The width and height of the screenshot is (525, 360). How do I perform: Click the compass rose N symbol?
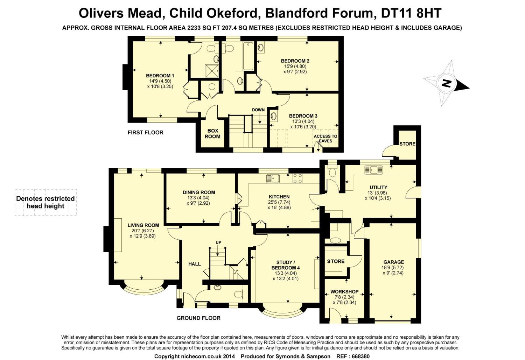pyautogui.click(x=446, y=84)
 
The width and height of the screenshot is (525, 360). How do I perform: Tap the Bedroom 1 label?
pyautogui.click(x=160, y=76)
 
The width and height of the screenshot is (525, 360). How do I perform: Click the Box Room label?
pyautogui.click(x=212, y=133)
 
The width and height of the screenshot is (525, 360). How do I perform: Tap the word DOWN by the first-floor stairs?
pyautogui.click(x=258, y=110)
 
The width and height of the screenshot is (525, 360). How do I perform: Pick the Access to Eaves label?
pyautogui.click(x=325, y=139)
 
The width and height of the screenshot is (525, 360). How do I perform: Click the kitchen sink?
pyautogui.click(x=272, y=178)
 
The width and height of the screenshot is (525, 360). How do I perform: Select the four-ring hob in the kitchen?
pyautogui.click(x=297, y=178)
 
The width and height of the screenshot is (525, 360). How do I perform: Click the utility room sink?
pyautogui.click(x=374, y=170)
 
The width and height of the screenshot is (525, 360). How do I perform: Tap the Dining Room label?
pyautogui.click(x=199, y=192)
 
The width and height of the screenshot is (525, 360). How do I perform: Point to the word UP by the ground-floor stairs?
pyautogui.click(x=218, y=242)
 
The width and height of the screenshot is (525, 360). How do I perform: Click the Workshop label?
pyautogui.click(x=344, y=291)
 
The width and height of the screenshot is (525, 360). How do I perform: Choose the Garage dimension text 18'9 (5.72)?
pyautogui.click(x=393, y=267)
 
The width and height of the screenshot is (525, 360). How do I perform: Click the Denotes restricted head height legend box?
pyautogui.click(x=45, y=202)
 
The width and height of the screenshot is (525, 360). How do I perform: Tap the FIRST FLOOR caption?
pyautogui.click(x=145, y=133)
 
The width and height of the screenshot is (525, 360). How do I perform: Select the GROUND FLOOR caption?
pyautogui.click(x=198, y=318)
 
